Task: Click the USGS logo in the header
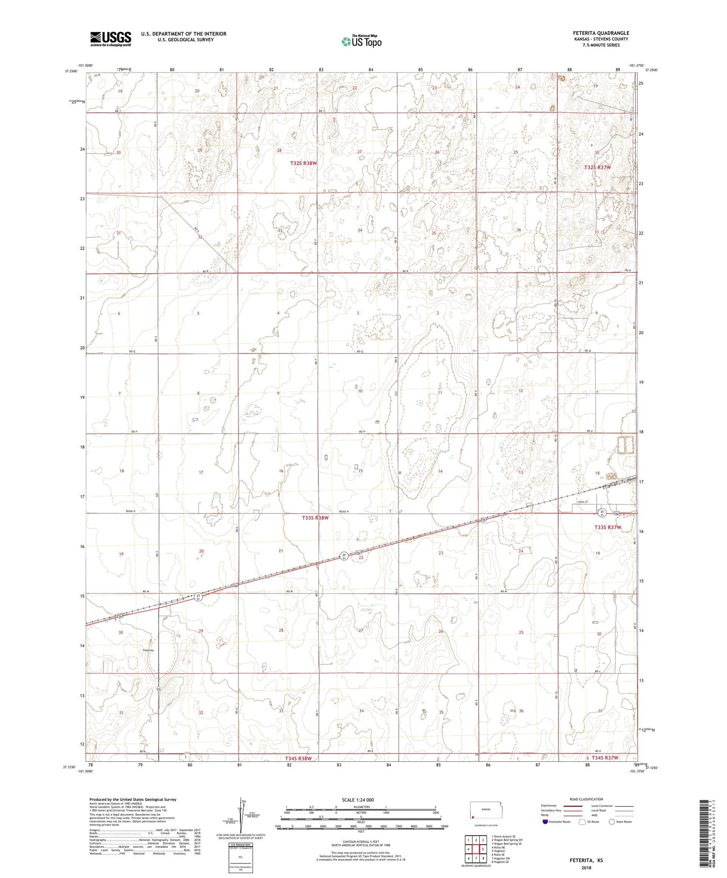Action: pyautogui.click(x=111, y=39)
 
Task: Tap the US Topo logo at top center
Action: pyautogui.click(x=361, y=42)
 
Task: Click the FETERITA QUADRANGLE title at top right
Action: pyautogui.click(x=601, y=33)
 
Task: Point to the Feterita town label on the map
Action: pyautogui.click(x=148, y=650)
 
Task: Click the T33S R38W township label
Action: pyautogui.click(x=316, y=518)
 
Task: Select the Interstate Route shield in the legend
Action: pyautogui.click(x=545, y=821)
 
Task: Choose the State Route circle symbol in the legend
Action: pyautogui.click(x=612, y=821)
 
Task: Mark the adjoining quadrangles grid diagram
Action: pyautogui.click(x=476, y=849)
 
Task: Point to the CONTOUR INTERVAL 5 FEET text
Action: pyautogui.click(x=361, y=842)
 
